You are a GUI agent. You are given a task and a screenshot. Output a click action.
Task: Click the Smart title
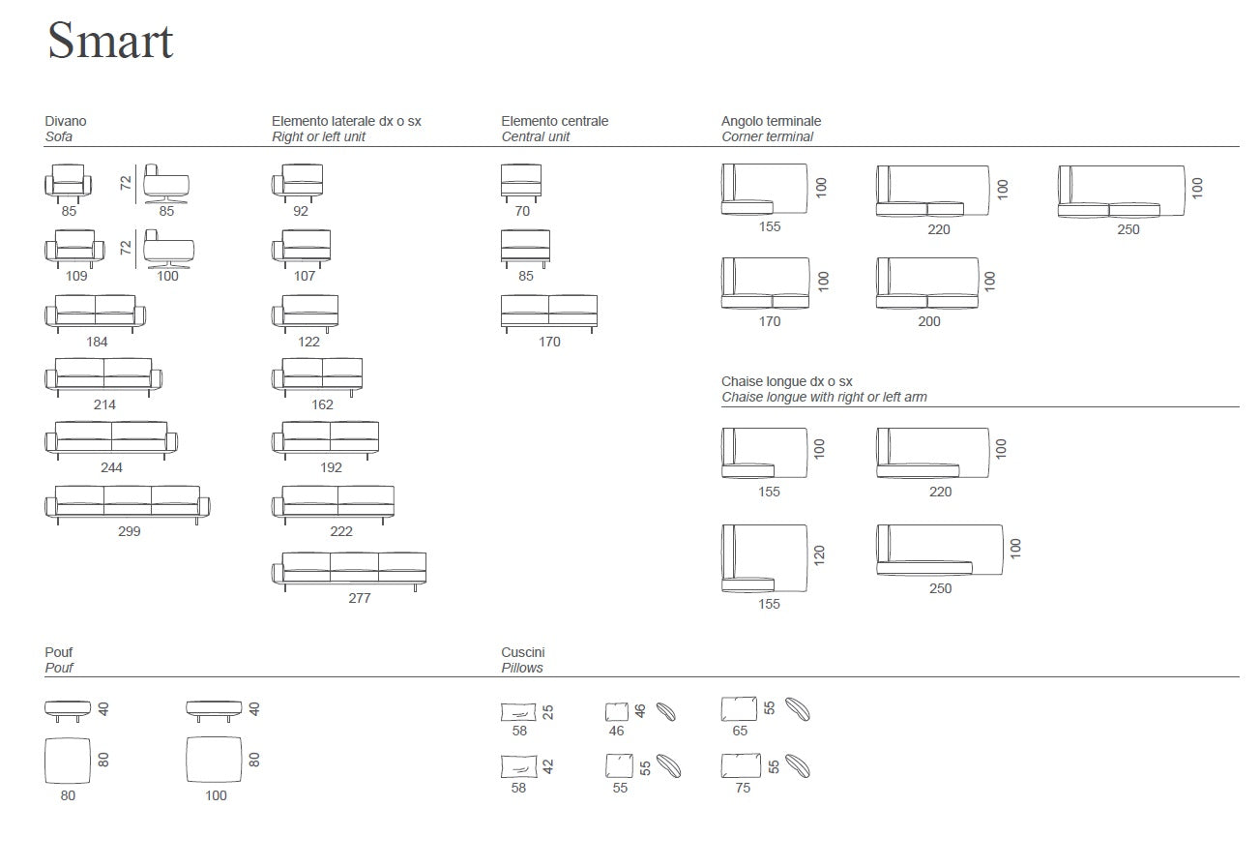click(110, 42)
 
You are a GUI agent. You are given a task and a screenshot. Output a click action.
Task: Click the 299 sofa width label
click(129, 531)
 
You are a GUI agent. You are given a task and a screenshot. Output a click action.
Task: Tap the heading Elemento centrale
click(555, 121)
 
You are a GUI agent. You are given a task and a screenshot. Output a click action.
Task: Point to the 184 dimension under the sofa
click(97, 342)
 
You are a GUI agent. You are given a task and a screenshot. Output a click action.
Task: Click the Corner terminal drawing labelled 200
click(927, 283)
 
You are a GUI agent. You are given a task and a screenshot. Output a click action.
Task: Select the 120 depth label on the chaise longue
click(820, 555)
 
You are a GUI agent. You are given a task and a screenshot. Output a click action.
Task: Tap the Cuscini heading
click(523, 652)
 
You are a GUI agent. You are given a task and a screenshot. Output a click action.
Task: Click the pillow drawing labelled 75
click(740, 766)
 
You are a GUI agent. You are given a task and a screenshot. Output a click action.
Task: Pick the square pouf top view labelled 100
click(215, 759)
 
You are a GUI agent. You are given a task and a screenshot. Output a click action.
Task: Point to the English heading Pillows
click(522, 668)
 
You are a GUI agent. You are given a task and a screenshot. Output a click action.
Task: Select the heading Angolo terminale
click(771, 121)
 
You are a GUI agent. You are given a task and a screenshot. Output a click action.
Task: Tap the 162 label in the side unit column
click(323, 404)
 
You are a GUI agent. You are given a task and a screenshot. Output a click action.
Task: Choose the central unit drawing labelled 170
click(549, 313)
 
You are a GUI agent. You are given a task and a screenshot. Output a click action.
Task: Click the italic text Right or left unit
click(318, 136)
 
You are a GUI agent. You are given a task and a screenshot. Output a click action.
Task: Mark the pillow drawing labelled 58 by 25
click(518, 713)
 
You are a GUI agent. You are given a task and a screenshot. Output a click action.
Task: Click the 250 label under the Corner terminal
click(1128, 229)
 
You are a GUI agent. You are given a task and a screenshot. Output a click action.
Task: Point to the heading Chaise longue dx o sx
click(786, 381)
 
